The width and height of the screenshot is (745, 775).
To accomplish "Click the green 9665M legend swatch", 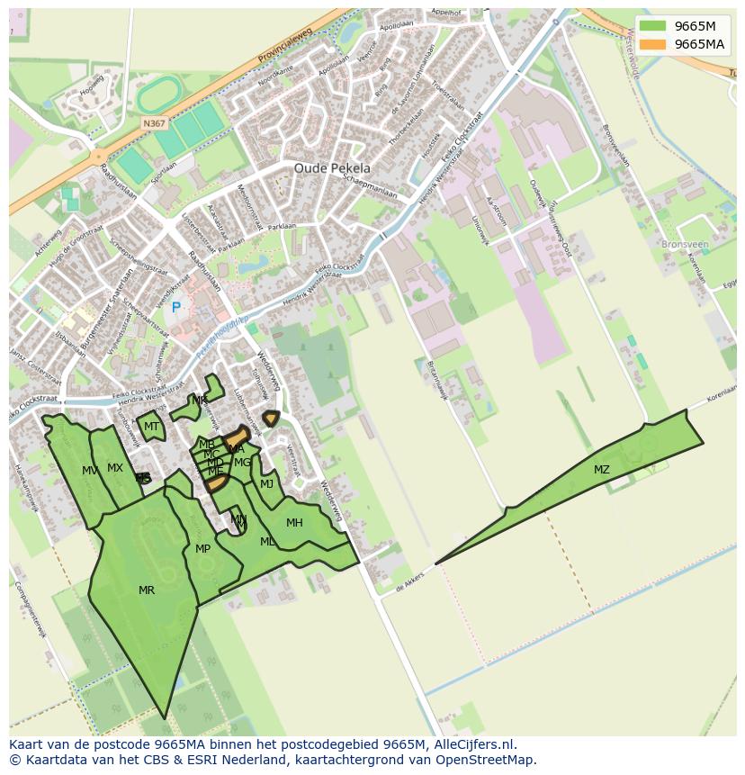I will click(x=653, y=26).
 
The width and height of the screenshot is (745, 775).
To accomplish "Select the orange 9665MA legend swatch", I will click(x=653, y=44).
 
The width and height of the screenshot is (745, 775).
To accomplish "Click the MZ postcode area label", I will click(x=601, y=470).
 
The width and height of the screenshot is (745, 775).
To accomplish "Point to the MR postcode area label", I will click(x=147, y=590).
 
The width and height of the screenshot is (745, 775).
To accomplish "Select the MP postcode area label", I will click(x=202, y=549).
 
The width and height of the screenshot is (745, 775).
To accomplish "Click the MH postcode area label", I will click(x=294, y=523).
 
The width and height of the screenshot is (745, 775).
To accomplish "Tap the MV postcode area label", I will click(x=90, y=471).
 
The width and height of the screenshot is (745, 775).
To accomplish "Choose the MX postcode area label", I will click(x=115, y=468).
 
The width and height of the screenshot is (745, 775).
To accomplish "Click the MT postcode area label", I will click(x=151, y=427).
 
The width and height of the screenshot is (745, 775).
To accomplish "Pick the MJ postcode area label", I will click(x=266, y=484).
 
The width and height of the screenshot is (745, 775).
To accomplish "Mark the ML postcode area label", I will click(x=267, y=542).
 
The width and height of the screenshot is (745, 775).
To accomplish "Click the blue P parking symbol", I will click(x=176, y=308).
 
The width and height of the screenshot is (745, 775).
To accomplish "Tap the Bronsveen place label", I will click(x=685, y=244).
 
